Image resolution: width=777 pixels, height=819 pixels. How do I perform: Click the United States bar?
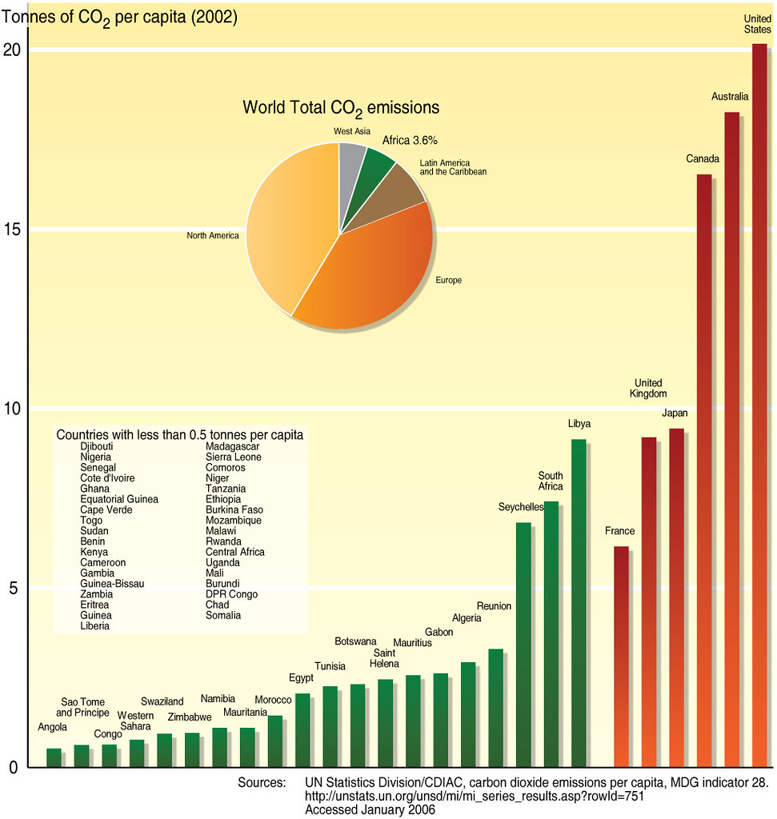tap(759, 400)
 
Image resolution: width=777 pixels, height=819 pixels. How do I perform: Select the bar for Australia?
tap(731, 440)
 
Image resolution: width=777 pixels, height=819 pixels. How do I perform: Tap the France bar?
tap(621, 656)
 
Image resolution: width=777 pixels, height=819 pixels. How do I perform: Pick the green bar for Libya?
tap(578, 600)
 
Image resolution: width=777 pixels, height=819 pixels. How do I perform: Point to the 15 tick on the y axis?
tap(15, 230)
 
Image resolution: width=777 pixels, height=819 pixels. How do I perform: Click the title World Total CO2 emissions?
tap(341, 107)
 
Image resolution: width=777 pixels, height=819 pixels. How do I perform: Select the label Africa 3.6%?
tap(410, 140)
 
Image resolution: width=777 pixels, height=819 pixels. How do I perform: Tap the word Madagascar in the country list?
tap(233, 446)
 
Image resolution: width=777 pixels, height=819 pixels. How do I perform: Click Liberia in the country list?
tap(95, 626)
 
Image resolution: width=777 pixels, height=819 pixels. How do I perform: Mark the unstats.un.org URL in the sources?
tap(475, 796)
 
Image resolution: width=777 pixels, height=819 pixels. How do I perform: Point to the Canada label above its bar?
tap(703, 159)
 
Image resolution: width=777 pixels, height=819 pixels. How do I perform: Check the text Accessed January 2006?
tap(370, 809)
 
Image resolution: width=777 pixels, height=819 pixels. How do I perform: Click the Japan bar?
tap(676, 600)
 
